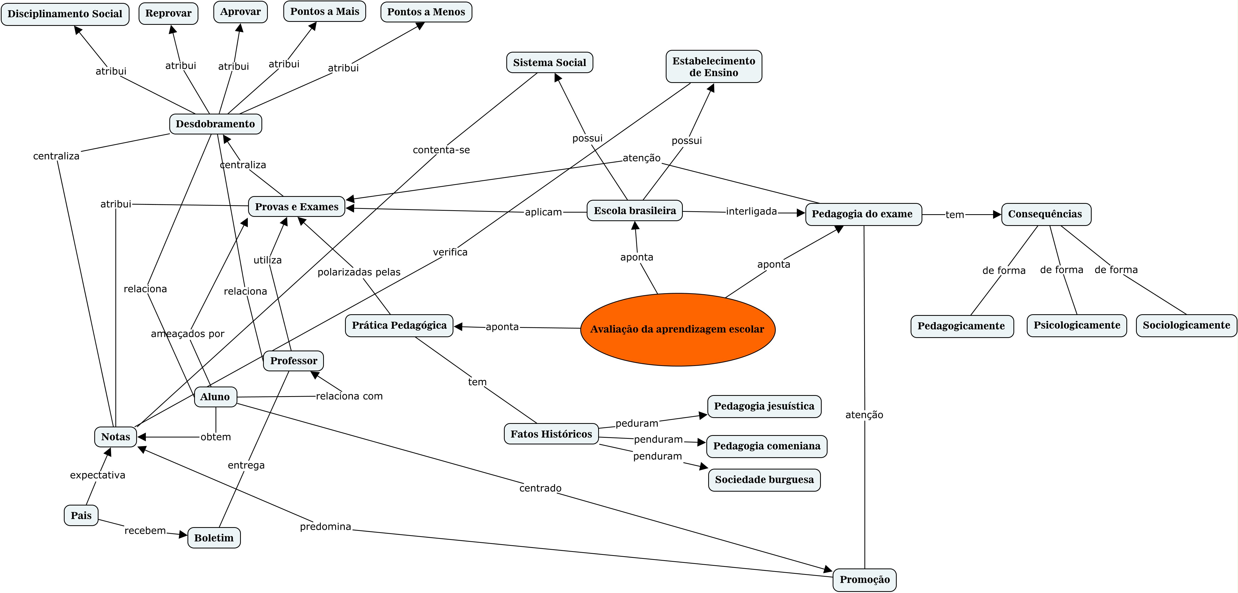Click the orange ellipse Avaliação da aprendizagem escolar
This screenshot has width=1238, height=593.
pyautogui.click(x=678, y=329)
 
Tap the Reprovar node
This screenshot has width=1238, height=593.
pyautogui.click(x=168, y=13)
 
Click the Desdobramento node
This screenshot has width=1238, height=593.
pyautogui.click(x=215, y=124)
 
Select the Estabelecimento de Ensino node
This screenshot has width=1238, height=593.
pyautogui.click(x=714, y=67)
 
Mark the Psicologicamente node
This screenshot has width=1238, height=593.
pyautogui.click(x=1076, y=325)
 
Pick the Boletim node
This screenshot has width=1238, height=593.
pyautogui.click(x=214, y=538)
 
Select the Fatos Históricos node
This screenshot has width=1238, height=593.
pyautogui.click(x=551, y=434)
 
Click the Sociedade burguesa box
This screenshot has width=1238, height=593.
pyautogui.click(x=764, y=480)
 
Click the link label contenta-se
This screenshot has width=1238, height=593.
pyautogui.click(x=441, y=150)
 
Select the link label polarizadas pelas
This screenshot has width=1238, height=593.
pyautogui.click(x=359, y=272)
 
